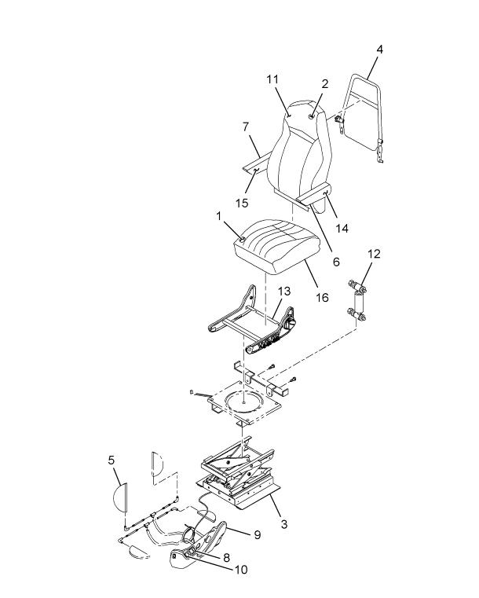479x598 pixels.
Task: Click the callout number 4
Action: [379, 50]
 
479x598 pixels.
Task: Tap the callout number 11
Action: [272, 79]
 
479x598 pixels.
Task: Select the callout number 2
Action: [324, 84]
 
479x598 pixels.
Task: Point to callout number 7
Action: [246, 127]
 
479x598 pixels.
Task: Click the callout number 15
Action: [242, 203]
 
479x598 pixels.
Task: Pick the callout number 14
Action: [342, 229]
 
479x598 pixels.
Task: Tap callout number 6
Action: [336, 262]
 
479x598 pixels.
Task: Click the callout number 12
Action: [375, 254]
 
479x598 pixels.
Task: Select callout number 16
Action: [323, 298]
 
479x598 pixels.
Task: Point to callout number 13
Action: [284, 292]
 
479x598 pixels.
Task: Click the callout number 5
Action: [111, 460]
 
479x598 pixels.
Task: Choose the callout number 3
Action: [284, 524]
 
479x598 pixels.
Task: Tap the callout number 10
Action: [241, 570]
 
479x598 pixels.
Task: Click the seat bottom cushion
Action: [276, 247]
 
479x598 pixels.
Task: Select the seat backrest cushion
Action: [299, 152]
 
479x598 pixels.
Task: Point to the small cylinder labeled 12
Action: [357, 303]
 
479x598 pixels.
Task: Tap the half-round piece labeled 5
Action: [120, 497]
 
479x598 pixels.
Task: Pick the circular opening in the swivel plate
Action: [243, 402]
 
